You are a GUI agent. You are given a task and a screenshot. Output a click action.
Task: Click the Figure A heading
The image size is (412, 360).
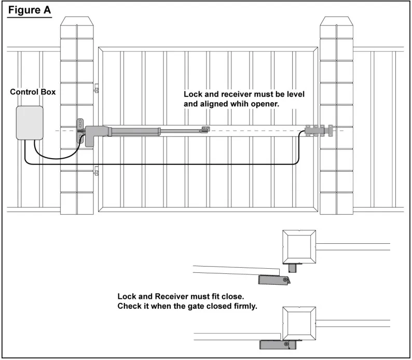30,10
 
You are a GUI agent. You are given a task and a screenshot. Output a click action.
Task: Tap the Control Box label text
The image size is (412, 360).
33,92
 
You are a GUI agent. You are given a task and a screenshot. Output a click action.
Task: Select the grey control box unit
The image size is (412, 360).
30,123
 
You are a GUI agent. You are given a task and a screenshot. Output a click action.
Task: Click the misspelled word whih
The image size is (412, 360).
240,104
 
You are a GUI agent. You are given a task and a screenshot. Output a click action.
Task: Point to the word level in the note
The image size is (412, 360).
295,94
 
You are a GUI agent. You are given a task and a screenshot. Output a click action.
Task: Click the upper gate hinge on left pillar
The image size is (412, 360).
97,88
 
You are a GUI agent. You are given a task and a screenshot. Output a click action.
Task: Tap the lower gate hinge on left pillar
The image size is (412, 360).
97,171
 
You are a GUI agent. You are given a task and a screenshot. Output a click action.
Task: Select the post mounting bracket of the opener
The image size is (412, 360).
80,131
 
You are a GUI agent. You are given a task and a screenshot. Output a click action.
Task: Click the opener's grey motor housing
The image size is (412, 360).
92,135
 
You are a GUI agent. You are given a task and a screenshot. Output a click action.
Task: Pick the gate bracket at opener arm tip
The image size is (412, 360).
205,130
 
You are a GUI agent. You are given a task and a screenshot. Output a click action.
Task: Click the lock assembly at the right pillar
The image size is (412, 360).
319,131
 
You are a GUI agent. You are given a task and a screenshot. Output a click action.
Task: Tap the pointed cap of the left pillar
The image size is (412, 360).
77,21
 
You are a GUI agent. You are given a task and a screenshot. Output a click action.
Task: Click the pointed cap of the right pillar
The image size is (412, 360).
337,21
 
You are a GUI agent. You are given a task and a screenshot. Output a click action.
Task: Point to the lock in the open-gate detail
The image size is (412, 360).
274,280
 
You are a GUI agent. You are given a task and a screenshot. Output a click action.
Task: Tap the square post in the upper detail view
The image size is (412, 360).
299,247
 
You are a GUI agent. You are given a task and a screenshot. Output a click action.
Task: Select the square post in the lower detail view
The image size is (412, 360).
299,324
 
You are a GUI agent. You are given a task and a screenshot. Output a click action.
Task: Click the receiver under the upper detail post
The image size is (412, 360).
293,268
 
